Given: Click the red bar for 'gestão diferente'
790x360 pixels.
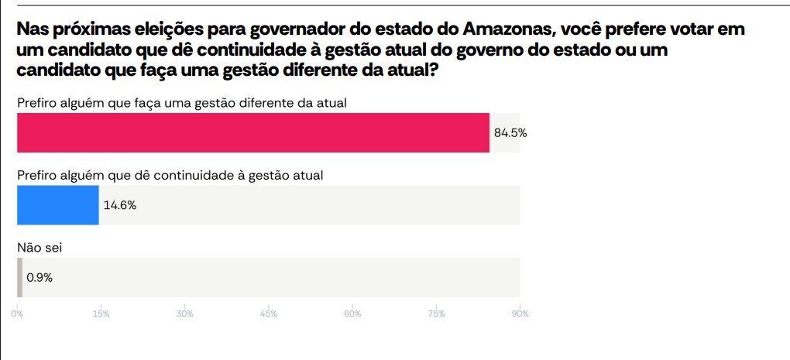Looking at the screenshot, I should [253, 132].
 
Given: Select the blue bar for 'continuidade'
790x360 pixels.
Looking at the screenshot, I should [58, 205].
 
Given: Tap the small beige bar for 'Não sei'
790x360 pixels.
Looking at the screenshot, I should [19, 277].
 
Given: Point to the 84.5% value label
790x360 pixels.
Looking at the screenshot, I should [510, 133].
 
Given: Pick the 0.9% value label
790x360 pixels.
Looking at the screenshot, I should [39, 277].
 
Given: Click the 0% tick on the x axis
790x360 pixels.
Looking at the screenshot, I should [17, 314].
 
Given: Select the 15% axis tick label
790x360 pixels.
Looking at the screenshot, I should [101, 314].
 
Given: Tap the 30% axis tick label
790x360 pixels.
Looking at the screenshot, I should [184, 314].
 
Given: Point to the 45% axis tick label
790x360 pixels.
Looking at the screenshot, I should [269, 314].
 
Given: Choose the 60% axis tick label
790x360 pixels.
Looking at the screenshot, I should [352, 314].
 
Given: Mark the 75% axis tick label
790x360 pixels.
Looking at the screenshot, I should [436, 314].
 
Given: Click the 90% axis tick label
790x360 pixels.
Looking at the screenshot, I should [520, 314].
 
